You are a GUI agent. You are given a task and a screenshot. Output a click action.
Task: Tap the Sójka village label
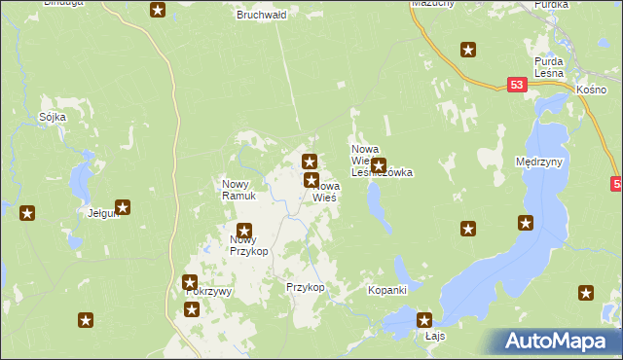(x=52, y=117)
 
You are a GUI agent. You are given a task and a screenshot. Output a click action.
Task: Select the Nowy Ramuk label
(x=238, y=190)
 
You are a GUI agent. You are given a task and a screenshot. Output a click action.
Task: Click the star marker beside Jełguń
(x=123, y=206)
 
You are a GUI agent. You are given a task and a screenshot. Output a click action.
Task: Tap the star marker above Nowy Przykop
(x=243, y=231)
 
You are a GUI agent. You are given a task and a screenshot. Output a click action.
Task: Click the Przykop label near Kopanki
(x=304, y=288)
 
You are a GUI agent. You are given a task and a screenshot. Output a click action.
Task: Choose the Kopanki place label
(x=386, y=290)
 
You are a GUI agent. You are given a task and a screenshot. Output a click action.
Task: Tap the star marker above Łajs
(x=424, y=319)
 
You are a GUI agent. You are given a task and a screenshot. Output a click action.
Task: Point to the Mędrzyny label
(x=540, y=162)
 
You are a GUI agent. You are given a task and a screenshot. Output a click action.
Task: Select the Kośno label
(x=591, y=89)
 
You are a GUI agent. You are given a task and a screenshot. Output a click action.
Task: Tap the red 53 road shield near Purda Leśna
(x=517, y=86)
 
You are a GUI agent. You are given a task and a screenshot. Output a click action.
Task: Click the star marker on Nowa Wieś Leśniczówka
(x=379, y=165)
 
